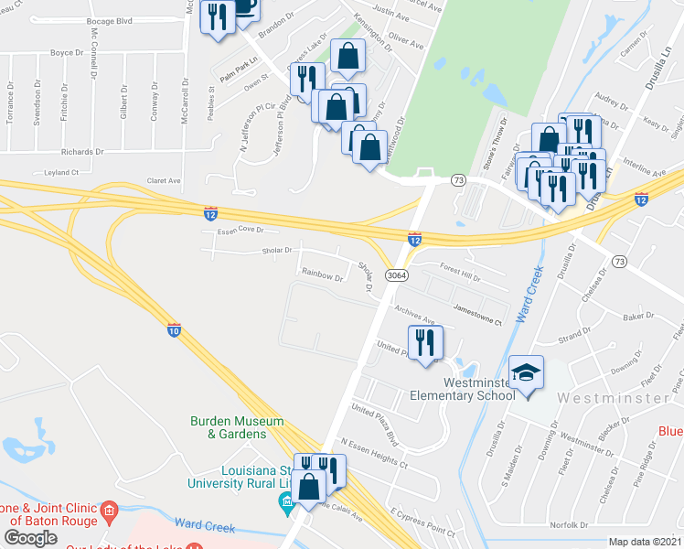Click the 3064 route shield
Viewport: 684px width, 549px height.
coord(396,274)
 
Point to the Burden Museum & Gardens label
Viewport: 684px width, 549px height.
coord(237,427)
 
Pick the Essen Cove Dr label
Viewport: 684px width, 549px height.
coord(240,231)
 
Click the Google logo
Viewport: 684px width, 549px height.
coord(30,537)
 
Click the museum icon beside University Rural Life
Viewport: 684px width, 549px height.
coord(285,501)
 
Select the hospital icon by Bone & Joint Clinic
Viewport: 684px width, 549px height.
coord(109,510)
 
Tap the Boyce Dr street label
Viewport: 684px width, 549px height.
coord(67,53)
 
